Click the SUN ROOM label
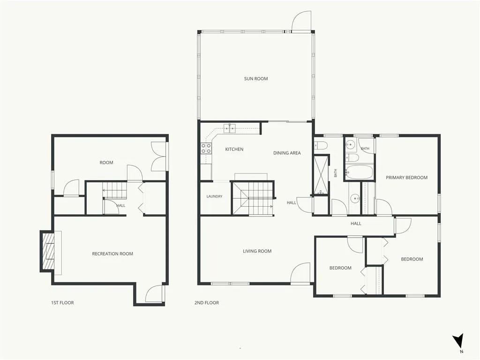tap(256, 79)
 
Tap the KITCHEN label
tap(234, 150)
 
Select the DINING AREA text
tap(287, 153)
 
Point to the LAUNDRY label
tap(214, 196)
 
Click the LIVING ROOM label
tap(257, 251)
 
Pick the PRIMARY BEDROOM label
tap(406, 178)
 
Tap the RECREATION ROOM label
tap(112, 254)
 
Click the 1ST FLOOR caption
tap(62, 303)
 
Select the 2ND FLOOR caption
tap(207, 303)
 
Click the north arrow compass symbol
tap(458, 341)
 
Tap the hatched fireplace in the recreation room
tap(48, 251)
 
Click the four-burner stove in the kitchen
tap(206, 148)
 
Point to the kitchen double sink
tap(230, 129)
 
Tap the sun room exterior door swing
tap(301, 22)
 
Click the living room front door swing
tap(300, 273)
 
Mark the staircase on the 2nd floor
tap(253, 198)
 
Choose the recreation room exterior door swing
tap(155, 293)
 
